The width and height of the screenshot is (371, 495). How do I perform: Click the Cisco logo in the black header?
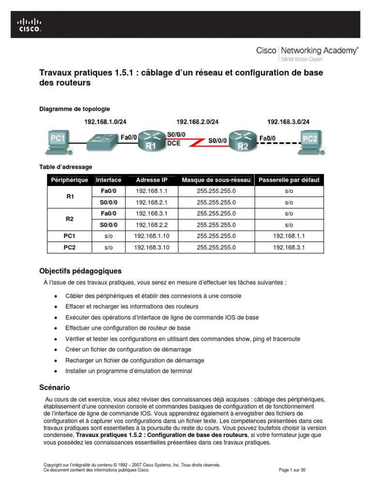29,25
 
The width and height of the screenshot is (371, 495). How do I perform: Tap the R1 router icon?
151,140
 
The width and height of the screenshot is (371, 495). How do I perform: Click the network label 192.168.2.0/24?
197,122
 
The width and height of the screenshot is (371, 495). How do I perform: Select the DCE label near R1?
173,144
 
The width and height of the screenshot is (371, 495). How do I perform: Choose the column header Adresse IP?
151,180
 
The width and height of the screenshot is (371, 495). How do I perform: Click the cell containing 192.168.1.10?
151,236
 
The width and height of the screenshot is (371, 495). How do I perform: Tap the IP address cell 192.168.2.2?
151,225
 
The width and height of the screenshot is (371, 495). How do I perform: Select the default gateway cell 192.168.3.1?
289,247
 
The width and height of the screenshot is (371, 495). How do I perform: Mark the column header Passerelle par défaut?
289,180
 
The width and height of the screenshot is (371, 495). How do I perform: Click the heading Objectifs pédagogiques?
80,271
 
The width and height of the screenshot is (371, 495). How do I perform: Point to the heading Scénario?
54,388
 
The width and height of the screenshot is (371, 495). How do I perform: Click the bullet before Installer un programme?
57,371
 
